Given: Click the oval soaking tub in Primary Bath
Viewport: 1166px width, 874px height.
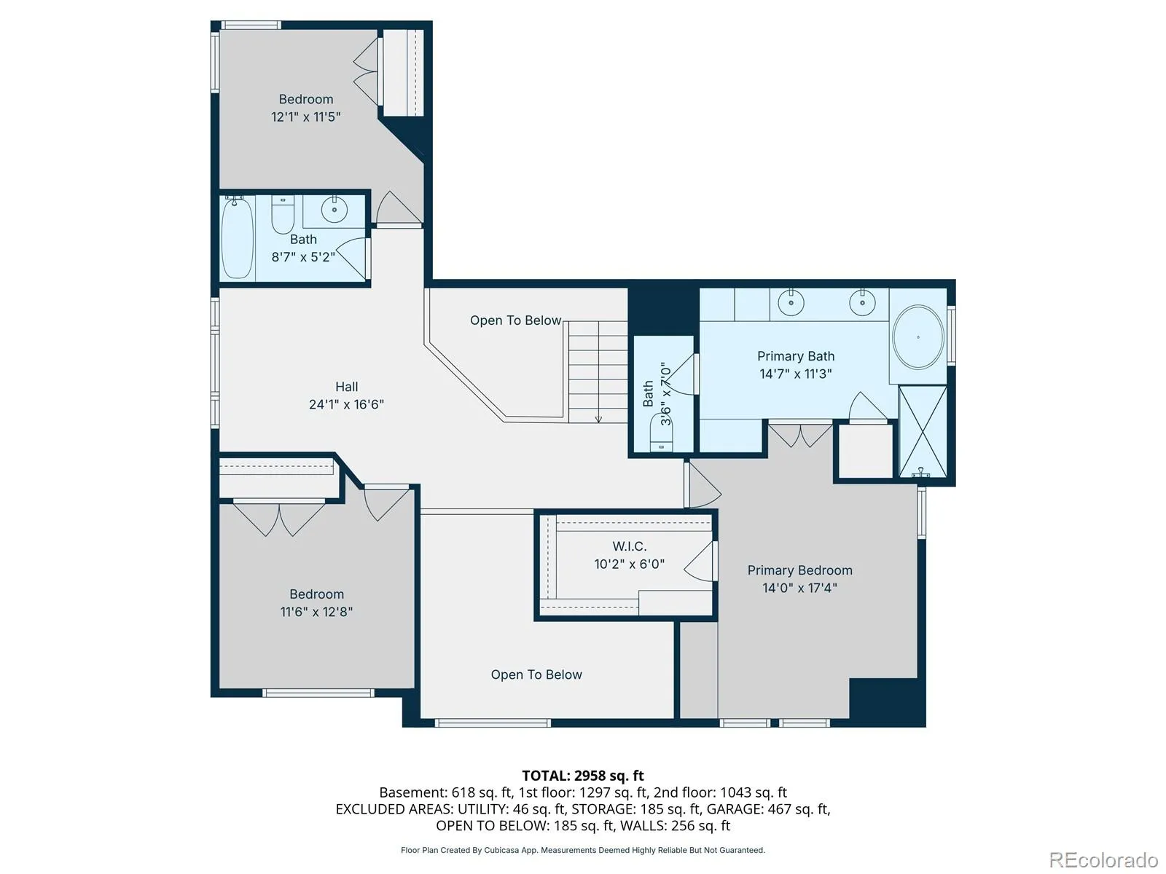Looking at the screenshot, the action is [917, 337].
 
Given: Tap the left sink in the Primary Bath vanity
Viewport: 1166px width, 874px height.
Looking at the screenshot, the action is [791, 302].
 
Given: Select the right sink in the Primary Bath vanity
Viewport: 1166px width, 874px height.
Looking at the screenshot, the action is [862, 302].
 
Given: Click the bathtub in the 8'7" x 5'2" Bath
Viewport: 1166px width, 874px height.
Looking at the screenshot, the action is [236, 237].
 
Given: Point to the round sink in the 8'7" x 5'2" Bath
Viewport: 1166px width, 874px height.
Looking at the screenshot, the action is [334, 210].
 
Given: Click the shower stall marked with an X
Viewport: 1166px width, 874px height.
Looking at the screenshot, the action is [923, 431].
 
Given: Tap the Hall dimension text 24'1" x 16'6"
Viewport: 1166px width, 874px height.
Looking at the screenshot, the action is [346, 404].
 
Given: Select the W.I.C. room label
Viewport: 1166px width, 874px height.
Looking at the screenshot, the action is [630, 546].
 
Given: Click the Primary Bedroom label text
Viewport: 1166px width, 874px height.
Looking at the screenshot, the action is [799, 570].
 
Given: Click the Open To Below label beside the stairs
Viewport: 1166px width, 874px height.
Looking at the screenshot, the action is [515, 320].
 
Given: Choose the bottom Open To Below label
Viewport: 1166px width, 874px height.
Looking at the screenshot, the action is [536, 674].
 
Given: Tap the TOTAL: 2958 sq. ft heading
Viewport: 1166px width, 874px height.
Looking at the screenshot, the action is [583, 776].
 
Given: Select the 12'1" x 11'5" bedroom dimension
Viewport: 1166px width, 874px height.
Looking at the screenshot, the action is [305, 117].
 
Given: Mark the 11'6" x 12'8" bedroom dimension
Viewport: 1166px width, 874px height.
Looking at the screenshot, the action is [316, 612].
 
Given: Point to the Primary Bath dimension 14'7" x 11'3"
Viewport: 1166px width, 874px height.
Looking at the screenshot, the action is [795, 374].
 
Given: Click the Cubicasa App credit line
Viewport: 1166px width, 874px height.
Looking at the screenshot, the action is [583, 850].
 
